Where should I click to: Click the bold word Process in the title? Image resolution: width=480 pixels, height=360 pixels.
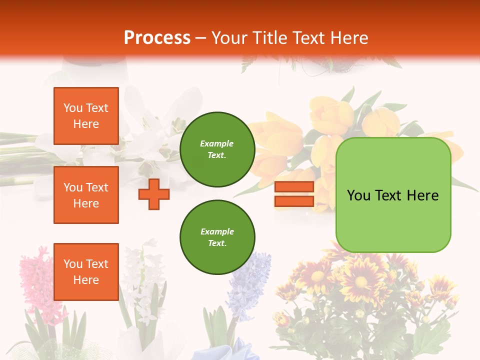tap(157, 37)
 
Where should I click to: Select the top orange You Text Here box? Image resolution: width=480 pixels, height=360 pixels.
tap(86, 116)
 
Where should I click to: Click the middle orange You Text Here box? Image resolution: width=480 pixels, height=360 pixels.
tap(86, 195)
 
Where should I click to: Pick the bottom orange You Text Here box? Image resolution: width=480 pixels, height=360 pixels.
tap(86, 271)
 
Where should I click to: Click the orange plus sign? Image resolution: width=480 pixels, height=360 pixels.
tap(154, 194)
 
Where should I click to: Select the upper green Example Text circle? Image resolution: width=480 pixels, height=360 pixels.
tap(217, 149)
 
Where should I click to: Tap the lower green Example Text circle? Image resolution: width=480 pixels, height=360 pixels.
tap(217, 237)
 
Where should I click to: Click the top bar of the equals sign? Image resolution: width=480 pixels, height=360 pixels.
tap(294, 187)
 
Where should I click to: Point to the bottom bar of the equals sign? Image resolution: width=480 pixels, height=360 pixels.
tap(294, 201)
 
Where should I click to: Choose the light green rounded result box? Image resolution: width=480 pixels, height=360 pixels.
tap(393, 220)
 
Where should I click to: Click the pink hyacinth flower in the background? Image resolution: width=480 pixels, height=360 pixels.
tap(37, 280)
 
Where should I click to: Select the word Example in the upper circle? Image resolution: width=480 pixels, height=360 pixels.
tap(217, 143)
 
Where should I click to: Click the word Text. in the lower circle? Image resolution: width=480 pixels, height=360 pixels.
tap(217, 243)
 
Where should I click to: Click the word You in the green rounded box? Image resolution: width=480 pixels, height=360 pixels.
tap(358, 195)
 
